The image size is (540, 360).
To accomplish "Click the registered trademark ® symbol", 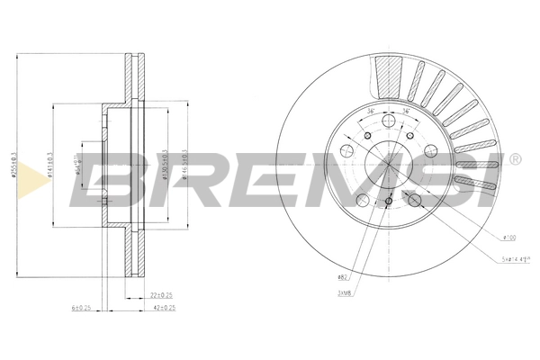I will pyautogui.click(x=514, y=160).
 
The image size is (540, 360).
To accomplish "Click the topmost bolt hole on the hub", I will pyautogui.click(x=388, y=122).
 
